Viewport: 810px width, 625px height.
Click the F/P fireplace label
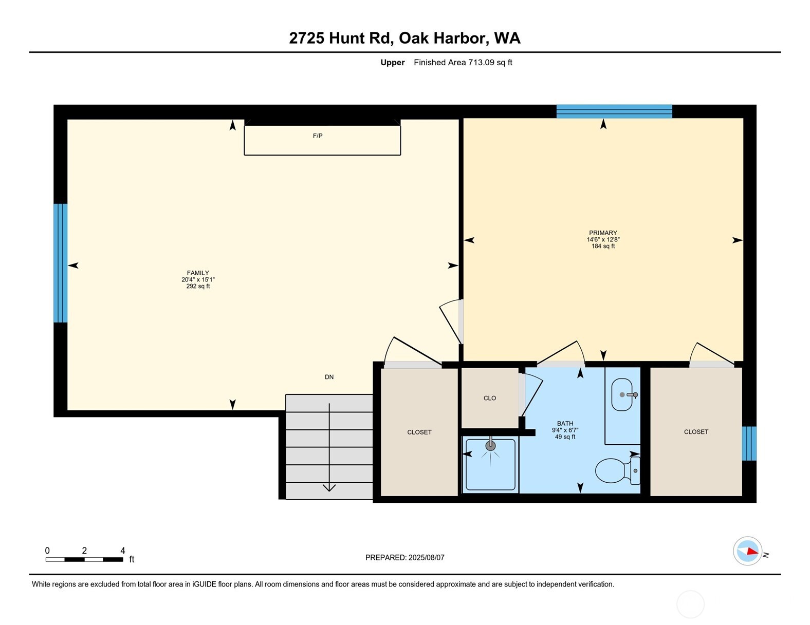(x=318, y=136)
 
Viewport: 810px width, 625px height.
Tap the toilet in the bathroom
(x=617, y=470)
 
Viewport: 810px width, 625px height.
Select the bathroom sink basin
(x=622, y=395)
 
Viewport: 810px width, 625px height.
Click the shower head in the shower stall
(x=491, y=446)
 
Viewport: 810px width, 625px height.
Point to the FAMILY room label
(x=198, y=273)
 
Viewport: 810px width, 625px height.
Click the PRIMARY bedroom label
(x=603, y=233)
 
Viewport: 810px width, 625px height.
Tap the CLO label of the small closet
(x=490, y=398)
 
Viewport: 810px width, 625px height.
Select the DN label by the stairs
(x=329, y=377)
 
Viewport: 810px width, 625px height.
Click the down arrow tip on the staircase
(x=329, y=489)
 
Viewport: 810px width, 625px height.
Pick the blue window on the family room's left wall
(x=61, y=263)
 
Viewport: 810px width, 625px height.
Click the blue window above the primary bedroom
(x=614, y=111)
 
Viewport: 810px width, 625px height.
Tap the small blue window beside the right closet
(x=749, y=443)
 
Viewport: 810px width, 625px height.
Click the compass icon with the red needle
(x=747, y=551)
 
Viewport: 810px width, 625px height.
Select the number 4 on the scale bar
(x=123, y=551)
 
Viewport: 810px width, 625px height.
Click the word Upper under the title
(x=393, y=63)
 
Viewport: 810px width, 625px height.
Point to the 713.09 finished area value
(x=481, y=63)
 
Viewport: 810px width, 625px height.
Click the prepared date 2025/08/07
(x=426, y=557)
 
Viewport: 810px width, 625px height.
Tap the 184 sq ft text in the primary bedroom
(x=603, y=247)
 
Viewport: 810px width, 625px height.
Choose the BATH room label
(x=565, y=424)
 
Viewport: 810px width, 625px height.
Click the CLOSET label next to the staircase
(x=419, y=432)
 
